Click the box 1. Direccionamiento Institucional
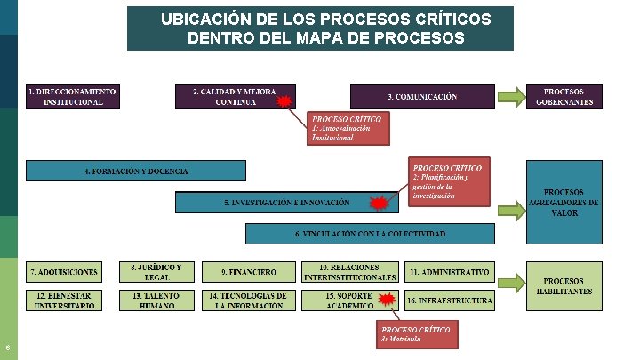click(x=72, y=96)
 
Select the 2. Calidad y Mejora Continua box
click(x=235, y=96)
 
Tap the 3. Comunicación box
click(x=422, y=96)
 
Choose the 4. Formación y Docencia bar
click(x=136, y=171)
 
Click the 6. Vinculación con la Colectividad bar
click(x=370, y=234)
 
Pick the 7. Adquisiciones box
click(x=65, y=271)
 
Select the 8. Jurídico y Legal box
click(x=156, y=271)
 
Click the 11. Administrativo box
click(x=449, y=271)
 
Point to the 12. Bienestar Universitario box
click(x=65, y=300)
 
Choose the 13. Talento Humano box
click(x=156, y=300)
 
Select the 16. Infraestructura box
click(x=449, y=300)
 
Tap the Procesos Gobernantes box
click(x=564, y=96)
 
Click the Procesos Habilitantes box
click(x=564, y=286)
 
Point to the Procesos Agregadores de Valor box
click(x=564, y=202)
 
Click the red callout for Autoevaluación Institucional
click(x=349, y=128)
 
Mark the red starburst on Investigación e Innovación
click(x=380, y=204)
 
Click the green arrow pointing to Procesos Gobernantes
click(x=510, y=96)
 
